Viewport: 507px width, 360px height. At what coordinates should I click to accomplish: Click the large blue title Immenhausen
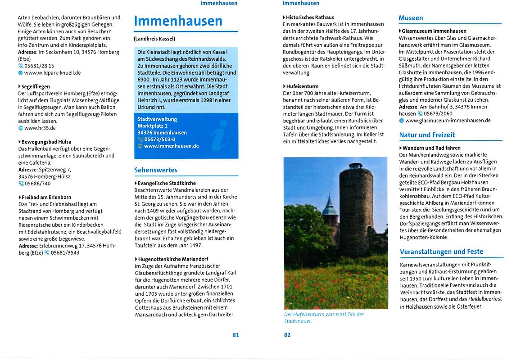(178, 21)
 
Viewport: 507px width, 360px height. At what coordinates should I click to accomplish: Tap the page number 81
(235, 335)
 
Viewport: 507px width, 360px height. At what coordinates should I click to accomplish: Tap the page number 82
(287, 335)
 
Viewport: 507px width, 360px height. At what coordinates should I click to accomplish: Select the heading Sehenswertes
(156, 170)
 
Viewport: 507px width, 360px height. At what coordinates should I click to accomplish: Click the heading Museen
(411, 18)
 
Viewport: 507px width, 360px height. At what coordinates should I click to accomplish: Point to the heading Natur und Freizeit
(427, 135)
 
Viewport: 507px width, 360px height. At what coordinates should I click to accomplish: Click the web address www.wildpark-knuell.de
(52, 72)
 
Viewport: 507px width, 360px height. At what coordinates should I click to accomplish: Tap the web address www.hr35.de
(40, 128)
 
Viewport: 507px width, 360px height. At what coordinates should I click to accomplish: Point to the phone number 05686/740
(38, 183)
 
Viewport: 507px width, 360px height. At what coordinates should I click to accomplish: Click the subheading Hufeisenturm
(302, 86)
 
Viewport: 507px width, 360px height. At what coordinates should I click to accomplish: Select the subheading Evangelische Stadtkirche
(167, 183)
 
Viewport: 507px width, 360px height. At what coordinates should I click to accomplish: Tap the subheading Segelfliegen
(36, 86)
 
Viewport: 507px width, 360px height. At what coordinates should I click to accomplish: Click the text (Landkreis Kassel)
(154, 39)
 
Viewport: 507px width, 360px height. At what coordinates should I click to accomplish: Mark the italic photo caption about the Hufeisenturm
(324, 317)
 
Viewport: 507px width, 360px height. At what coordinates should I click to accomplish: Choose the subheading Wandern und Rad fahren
(431, 148)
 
